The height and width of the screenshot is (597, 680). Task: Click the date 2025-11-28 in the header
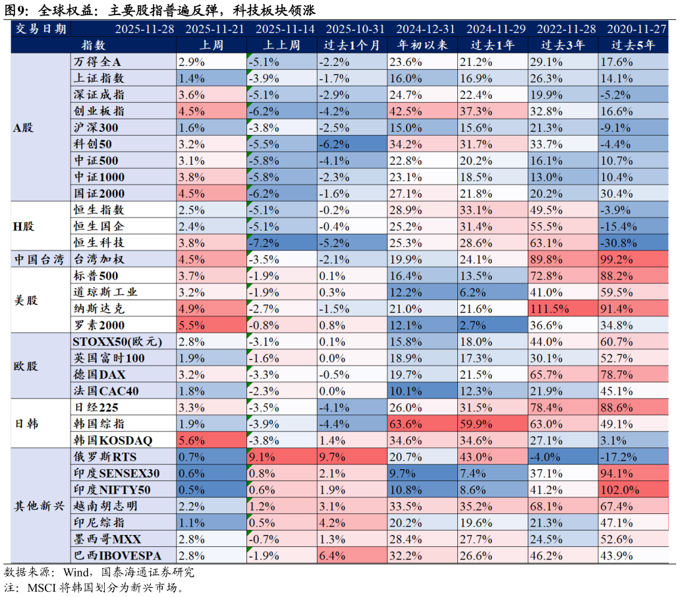pyautogui.click(x=144, y=29)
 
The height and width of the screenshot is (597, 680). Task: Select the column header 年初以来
pyautogui.click(x=422, y=45)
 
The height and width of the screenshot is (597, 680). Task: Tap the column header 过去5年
pyautogui.click(x=633, y=45)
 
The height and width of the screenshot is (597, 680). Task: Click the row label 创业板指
pyautogui.click(x=98, y=111)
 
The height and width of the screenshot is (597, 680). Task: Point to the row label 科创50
pyautogui.click(x=92, y=144)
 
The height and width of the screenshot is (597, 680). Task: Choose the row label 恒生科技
pyautogui.click(x=98, y=243)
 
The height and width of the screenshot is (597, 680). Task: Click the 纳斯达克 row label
pyautogui.click(x=98, y=309)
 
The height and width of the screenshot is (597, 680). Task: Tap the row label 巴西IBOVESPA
pyautogui.click(x=117, y=556)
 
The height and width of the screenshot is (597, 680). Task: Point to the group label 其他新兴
pyautogui.click(x=40, y=507)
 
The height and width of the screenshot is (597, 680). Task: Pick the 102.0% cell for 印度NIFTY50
pyautogui.click(x=620, y=490)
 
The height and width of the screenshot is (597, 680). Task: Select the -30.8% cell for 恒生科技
pyautogui.click(x=620, y=243)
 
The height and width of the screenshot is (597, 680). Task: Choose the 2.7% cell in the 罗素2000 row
pyautogui.click(x=472, y=326)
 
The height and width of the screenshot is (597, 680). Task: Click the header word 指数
pyautogui.click(x=93, y=45)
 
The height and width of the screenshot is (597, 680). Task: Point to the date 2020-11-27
pyautogui.click(x=637, y=29)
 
